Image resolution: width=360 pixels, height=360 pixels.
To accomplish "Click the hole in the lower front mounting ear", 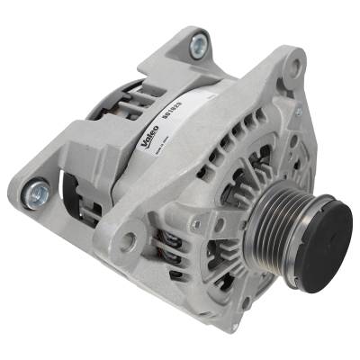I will click(x=130, y=239).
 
